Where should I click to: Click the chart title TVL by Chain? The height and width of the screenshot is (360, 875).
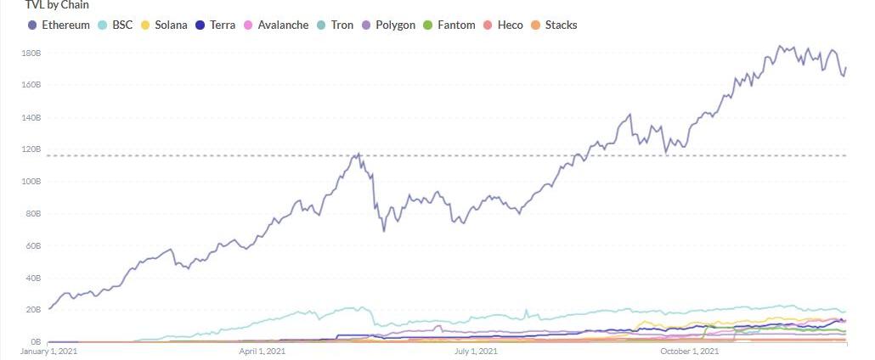point(56,5)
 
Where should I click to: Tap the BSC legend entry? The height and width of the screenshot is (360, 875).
point(122,25)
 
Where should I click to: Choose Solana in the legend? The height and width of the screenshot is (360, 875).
point(171,25)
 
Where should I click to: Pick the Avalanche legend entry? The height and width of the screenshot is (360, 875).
point(281,25)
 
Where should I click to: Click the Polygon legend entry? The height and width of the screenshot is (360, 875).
point(395,25)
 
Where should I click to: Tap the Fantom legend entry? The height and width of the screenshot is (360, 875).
point(457,25)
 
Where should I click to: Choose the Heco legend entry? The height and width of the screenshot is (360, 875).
point(510,25)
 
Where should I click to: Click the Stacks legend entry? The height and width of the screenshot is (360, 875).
point(561,25)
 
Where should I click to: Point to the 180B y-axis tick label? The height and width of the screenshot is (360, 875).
point(31,53)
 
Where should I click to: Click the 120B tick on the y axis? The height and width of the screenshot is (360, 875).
point(31,149)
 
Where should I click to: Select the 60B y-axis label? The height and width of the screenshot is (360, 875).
point(31,245)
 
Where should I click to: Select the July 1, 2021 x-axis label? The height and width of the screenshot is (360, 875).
point(476,351)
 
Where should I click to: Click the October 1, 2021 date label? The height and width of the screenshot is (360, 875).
point(690,351)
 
